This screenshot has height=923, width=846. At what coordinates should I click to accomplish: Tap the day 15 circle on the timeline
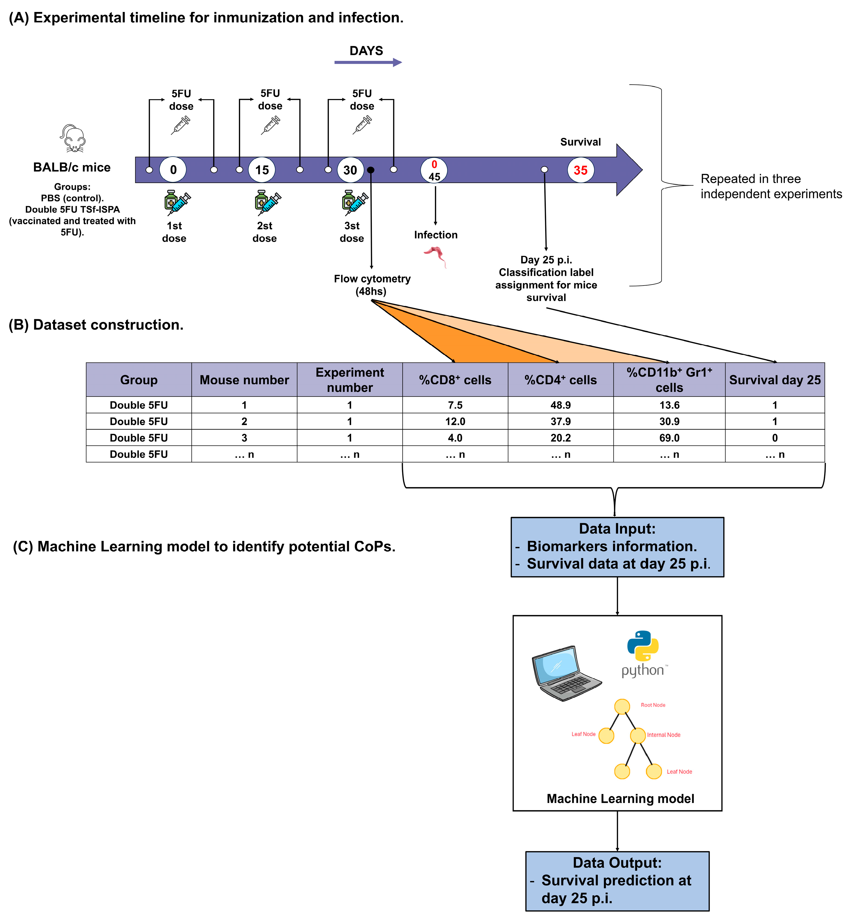click(x=262, y=170)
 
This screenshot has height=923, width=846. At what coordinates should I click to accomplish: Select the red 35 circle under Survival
click(x=580, y=170)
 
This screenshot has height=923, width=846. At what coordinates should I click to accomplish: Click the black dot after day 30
click(x=371, y=170)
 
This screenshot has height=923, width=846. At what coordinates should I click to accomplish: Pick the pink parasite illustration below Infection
click(x=436, y=255)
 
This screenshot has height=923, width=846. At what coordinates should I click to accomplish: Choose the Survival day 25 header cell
click(x=774, y=380)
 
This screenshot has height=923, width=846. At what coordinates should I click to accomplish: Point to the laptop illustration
click(x=566, y=673)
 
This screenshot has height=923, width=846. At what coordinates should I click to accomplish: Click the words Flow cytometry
click(x=372, y=279)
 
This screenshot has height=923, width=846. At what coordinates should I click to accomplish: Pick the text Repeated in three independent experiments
click(x=771, y=186)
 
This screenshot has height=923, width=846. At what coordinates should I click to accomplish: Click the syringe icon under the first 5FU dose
click(x=180, y=125)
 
